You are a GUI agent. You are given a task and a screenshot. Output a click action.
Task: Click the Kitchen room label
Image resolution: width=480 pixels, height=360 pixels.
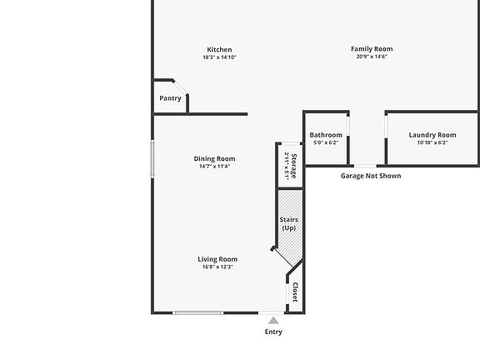[219, 50]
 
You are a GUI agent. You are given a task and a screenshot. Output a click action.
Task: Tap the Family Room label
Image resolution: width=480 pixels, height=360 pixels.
[372, 49]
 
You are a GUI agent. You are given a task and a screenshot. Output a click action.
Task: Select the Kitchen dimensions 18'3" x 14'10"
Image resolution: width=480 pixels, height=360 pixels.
[219, 57]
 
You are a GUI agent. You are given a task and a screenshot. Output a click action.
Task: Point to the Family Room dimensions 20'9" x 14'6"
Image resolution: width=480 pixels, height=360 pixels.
[372, 57]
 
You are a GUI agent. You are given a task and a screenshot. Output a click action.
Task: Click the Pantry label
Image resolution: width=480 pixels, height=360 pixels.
[170, 98]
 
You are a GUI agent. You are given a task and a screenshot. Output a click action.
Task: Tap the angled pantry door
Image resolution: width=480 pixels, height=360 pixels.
[180, 87]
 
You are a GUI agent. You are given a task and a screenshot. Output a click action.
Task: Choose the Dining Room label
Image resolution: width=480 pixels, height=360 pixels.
[214, 159]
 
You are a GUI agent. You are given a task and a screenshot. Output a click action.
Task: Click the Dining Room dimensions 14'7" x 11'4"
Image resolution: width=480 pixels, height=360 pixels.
[214, 167]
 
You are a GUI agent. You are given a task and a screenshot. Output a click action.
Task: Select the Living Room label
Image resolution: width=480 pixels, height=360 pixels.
[217, 259]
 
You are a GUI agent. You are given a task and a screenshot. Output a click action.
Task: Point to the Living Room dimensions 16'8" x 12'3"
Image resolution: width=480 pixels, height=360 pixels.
[217, 267]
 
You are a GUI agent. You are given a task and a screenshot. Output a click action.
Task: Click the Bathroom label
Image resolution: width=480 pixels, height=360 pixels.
[326, 135]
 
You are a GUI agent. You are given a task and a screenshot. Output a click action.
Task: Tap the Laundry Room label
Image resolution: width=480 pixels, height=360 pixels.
[432, 135]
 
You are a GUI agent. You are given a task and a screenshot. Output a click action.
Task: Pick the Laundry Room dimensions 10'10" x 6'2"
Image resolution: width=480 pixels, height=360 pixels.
[432, 142]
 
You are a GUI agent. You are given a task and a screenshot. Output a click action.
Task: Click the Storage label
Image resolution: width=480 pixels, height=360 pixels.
[294, 166]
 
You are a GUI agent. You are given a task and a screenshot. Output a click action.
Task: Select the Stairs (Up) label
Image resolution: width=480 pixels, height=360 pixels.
[288, 224]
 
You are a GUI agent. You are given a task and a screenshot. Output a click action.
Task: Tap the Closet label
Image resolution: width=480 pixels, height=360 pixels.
[295, 292]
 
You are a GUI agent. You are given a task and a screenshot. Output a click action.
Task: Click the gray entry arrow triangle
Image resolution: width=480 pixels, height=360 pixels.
[273, 321]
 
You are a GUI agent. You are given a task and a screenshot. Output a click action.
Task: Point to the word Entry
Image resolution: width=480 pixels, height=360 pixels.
[273, 332]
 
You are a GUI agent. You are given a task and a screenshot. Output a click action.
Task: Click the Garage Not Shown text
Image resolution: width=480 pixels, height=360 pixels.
[371, 176]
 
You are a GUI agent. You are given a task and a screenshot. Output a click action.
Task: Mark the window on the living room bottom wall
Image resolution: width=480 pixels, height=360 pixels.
[198, 312]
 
